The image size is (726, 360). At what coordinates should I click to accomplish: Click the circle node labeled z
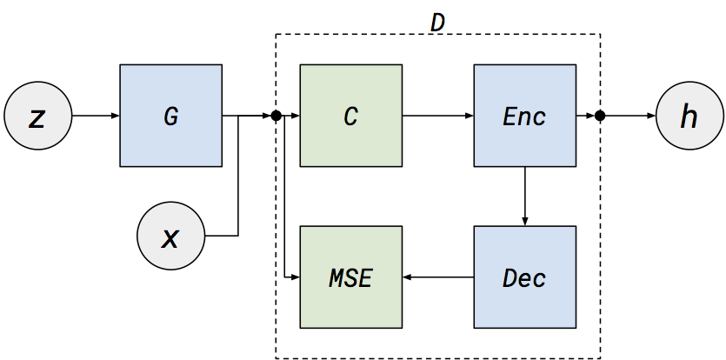click(x=37, y=116)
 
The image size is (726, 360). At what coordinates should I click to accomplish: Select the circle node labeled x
click(x=170, y=236)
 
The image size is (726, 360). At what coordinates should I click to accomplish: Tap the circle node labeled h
click(x=689, y=116)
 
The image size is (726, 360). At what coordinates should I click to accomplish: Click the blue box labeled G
click(x=171, y=115)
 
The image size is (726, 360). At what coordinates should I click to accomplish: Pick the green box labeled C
click(x=350, y=115)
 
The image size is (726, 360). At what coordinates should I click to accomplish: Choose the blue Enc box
click(x=524, y=115)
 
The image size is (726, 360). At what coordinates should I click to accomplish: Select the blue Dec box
click(x=524, y=277)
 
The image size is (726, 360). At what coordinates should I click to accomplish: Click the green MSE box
click(x=350, y=277)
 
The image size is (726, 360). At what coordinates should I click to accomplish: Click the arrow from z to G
click(x=95, y=116)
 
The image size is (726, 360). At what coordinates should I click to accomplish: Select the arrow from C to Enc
click(x=437, y=116)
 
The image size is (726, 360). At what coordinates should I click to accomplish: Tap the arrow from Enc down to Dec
click(x=524, y=196)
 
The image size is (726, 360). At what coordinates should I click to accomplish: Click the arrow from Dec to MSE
click(x=437, y=277)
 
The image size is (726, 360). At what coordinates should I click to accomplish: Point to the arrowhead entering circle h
click(x=650, y=116)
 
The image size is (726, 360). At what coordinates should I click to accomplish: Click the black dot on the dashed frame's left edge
click(x=276, y=116)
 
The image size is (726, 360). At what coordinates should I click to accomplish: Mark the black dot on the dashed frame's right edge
click(x=600, y=116)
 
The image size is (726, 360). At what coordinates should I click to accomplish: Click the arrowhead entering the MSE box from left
click(x=295, y=277)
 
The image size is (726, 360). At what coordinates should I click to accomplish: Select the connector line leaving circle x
click(x=222, y=236)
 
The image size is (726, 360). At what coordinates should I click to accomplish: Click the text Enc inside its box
click(x=524, y=116)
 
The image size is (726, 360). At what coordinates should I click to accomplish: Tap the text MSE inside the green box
click(x=350, y=278)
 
